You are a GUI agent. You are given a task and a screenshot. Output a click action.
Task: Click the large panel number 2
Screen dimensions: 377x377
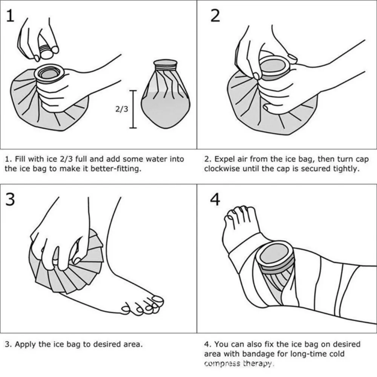coord(215,16)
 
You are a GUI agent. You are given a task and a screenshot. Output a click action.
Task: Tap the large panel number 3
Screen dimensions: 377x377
coord(11,199)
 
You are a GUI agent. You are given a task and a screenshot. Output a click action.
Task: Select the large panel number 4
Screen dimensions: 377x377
coord(215,199)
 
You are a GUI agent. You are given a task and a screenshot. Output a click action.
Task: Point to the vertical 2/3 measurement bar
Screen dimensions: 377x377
coord(133,109)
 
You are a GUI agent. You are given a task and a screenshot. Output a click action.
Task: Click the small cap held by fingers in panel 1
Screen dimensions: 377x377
coord(46,51)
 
